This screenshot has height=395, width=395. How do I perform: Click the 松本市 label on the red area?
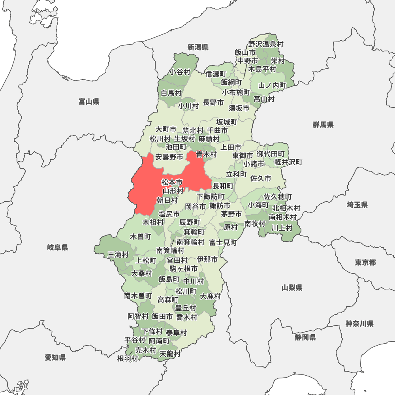click(x=172, y=182)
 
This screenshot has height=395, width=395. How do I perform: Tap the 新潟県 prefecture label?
click(x=198, y=47)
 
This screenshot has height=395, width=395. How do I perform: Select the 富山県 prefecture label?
click(x=89, y=102)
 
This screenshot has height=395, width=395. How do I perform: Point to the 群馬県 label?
click(x=323, y=125)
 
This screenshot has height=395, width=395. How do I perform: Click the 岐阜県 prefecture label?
click(x=58, y=248)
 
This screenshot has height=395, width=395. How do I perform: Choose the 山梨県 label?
click(x=292, y=288)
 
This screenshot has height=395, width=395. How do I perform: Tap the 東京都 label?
click(x=365, y=263)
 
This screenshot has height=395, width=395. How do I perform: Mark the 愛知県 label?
click(x=55, y=358)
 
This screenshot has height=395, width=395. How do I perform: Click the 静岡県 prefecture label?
click(x=305, y=337)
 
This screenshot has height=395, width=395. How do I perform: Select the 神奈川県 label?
click(x=359, y=324)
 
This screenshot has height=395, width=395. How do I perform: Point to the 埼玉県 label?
click(x=357, y=205)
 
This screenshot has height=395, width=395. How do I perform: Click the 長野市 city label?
click(x=213, y=103)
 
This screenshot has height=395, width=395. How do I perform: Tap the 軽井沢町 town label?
click(x=288, y=162)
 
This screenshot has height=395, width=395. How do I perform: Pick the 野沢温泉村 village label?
click(x=266, y=44)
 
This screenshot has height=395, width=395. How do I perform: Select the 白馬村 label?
click(x=171, y=93)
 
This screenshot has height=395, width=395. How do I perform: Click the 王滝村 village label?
click(x=118, y=255)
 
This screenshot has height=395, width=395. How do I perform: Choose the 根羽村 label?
click(x=128, y=358)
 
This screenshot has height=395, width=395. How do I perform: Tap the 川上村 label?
click(x=282, y=228)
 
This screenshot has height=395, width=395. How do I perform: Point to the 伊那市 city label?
click(x=207, y=260)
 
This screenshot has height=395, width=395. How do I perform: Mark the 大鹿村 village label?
click(x=211, y=296)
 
